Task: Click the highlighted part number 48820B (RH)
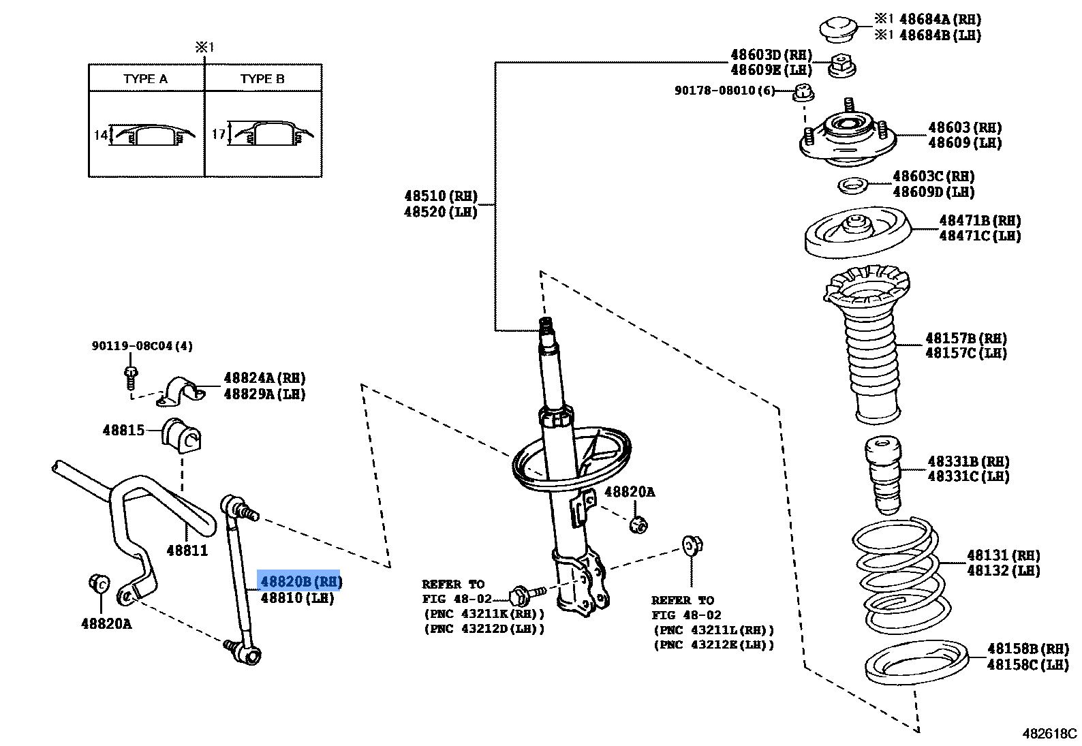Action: click(298, 581)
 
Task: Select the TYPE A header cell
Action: click(145, 79)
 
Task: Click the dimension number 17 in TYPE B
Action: click(218, 134)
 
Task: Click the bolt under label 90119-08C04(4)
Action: click(131, 375)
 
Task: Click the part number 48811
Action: click(187, 550)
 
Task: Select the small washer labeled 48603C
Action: click(852, 185)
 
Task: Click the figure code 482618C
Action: click(1049, 734)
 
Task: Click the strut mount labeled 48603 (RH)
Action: click(846, 139)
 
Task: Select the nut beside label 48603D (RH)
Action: click(842, 66)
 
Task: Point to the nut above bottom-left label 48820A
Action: click(99, 583)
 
